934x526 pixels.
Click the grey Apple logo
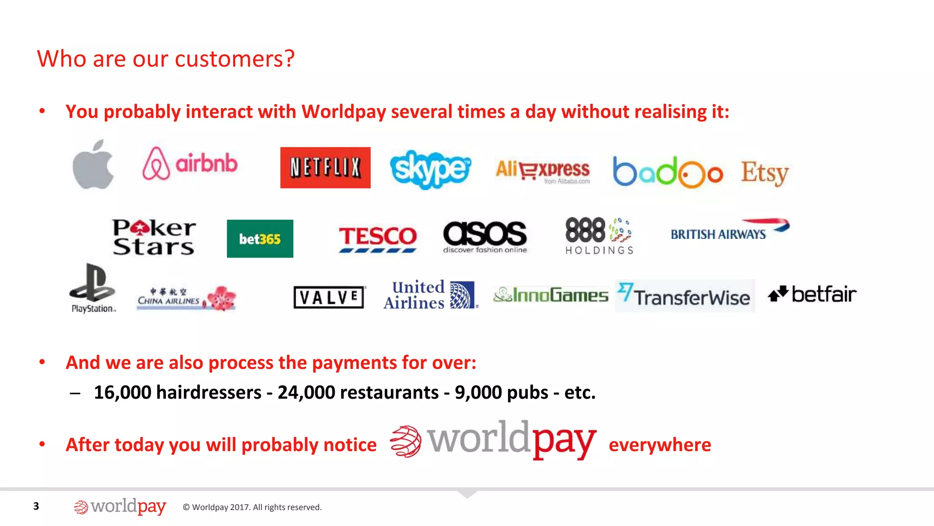[x=93, y=165]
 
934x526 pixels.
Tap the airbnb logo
[x=190, y=163]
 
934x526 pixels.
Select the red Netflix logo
[x=325, y=168]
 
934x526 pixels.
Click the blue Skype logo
[x=430, y=169]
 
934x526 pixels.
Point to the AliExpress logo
[x=542, y=171]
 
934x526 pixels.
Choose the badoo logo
[x=668, y=173]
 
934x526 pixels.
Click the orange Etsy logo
[x=764, y=173]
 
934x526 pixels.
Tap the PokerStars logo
[x=154, y=237]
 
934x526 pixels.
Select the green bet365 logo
[x=260, y=239]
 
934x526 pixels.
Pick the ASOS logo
[x=485, y=237]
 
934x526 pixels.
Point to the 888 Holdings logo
[x=599, y=236]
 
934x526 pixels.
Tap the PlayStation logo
[x=93, y=288]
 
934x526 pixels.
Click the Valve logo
[x=329, y=297]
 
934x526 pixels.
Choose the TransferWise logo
[x=685, y=296]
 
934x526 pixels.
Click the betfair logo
[x=812, y=295]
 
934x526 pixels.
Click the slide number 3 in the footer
[x=36, y=506]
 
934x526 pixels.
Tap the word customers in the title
[x=234, y=59]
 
